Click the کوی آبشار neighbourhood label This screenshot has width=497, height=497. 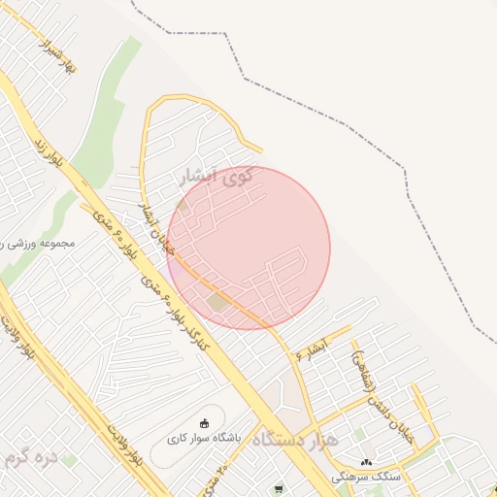coord(215,178)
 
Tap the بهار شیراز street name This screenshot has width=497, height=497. coord(57,57)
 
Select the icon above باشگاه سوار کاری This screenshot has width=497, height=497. coord(204,422)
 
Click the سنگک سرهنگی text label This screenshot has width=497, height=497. coord(364,478)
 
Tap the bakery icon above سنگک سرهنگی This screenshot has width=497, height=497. coord(366,462)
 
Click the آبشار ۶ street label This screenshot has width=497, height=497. coord(314,348)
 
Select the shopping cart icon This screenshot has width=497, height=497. coord(279,488)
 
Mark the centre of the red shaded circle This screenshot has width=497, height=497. coord(248,248)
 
